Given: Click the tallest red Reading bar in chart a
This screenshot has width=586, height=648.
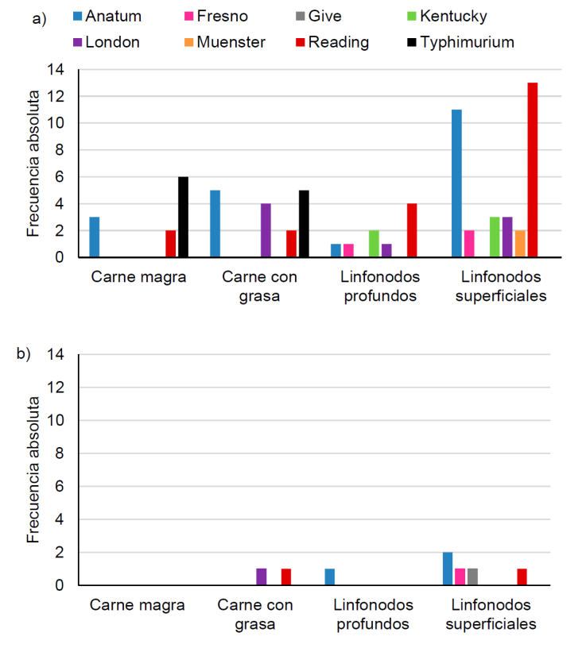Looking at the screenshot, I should pos(532,170).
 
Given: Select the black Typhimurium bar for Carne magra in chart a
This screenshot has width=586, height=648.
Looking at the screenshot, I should pos(183,217).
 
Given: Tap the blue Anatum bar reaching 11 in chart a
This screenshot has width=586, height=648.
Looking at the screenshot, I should pos(456,183).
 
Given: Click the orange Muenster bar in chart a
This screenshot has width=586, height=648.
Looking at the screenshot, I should pos(520,244).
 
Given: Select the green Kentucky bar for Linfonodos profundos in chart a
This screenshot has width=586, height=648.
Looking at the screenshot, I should pos(374,244).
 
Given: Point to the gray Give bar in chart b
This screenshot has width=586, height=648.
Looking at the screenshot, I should pos(472,577).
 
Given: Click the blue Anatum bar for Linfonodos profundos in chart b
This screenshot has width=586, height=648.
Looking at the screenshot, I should pos(330,577).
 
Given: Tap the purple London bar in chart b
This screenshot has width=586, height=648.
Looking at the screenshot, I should pos(261,577).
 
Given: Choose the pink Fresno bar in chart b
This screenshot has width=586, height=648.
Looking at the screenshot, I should pos(460,577).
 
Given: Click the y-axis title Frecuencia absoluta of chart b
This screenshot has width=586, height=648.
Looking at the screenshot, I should pos(33,470).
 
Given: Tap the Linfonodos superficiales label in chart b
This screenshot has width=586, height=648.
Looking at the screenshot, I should pos(491,614).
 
